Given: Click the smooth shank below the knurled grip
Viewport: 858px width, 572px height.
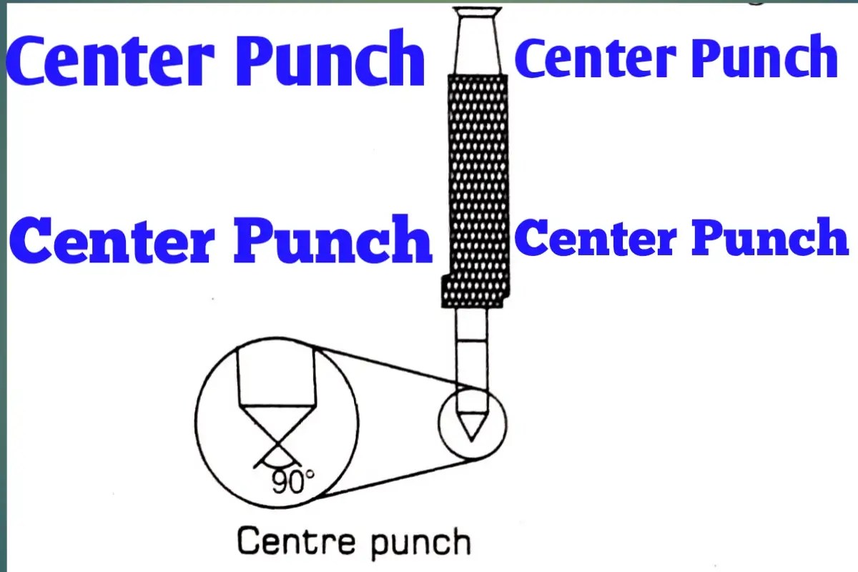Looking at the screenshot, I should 472,350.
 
